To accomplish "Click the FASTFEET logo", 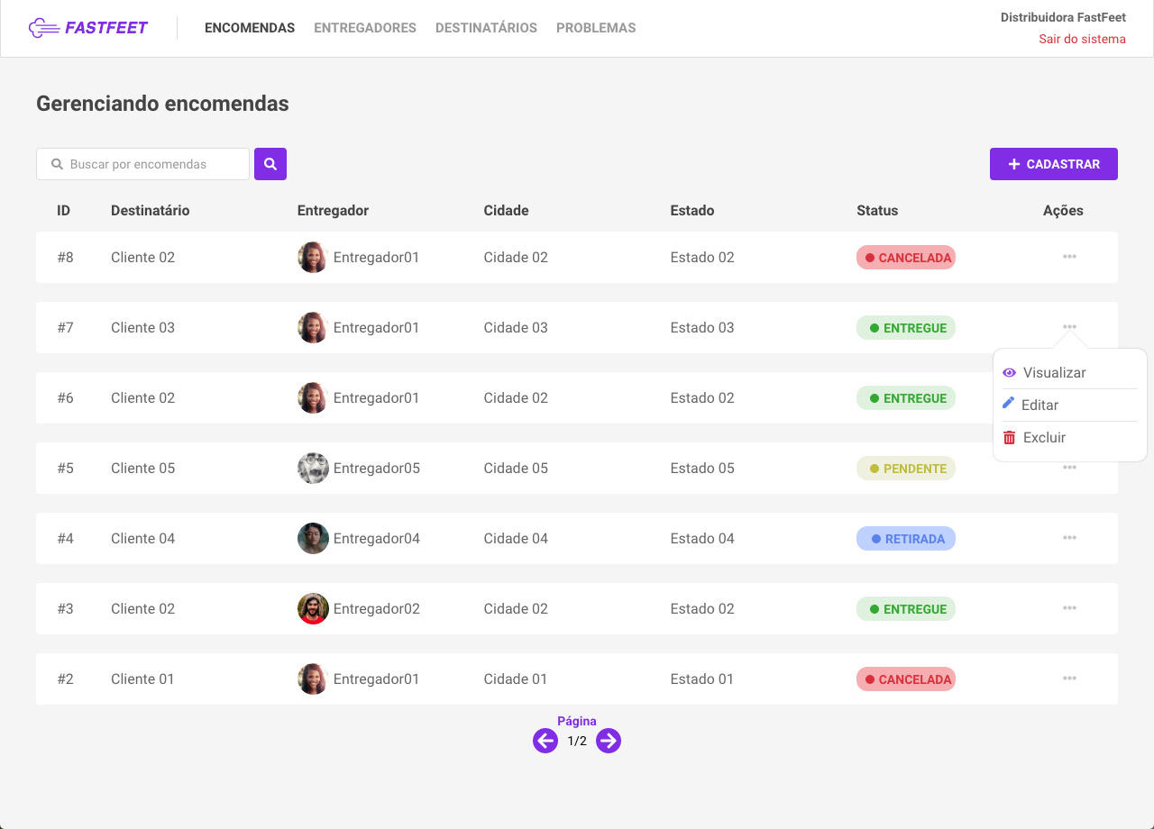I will point(88,28).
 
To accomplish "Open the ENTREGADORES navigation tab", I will point(365,28).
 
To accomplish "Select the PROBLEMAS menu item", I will point(596,28).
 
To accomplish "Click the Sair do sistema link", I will point(1082,39).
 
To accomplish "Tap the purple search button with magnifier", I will point(270,164).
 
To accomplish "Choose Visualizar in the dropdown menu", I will point(1054,373).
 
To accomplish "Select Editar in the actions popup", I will point(1040,405).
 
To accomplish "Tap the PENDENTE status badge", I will point(906,469).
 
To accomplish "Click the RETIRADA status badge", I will point(906,539).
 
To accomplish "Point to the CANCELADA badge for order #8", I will point(906,258).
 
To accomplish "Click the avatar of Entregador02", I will point(313,609).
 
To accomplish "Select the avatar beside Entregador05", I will point(313,469).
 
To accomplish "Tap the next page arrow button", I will point(609,741).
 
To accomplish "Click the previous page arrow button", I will point(545,741).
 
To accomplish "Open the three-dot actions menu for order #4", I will point(1069,538).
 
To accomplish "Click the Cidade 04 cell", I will point(516,539).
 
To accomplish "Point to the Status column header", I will point(877,211).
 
